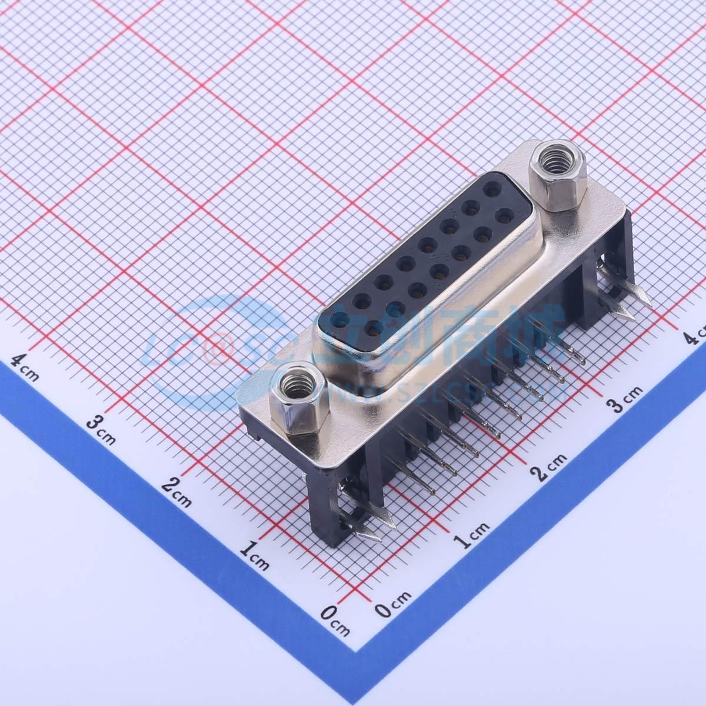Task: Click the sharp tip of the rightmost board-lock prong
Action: [x=648, y=303]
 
